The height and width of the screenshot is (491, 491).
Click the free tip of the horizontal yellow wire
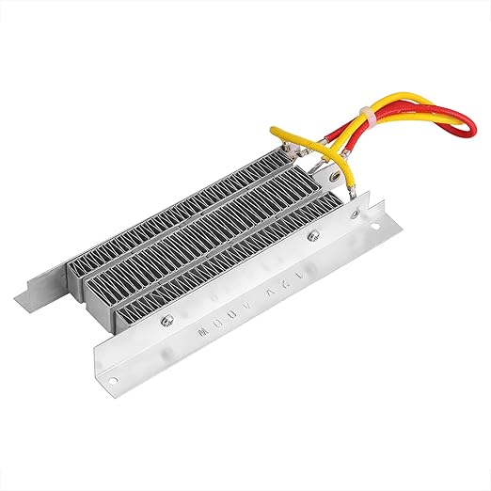pos(276,132)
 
